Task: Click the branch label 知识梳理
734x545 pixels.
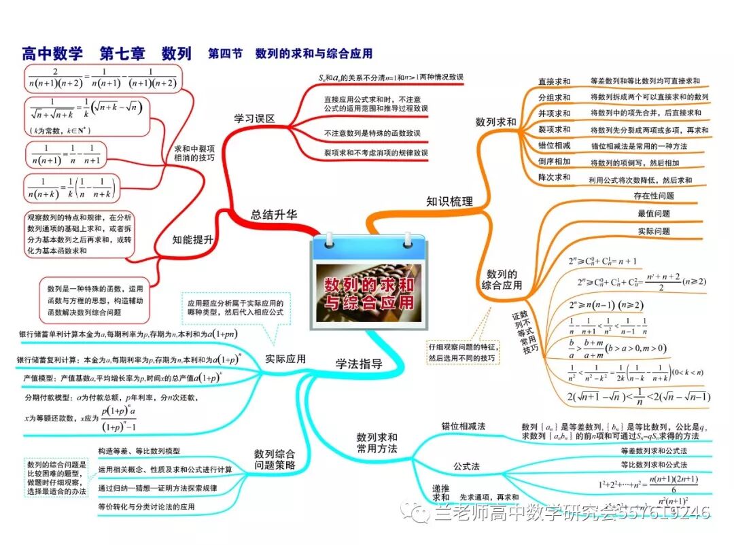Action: [449, 201]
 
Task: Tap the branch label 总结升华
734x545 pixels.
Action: [274, 215]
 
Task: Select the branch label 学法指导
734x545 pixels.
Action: [359, 364]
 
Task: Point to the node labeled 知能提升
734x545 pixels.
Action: [193, 239]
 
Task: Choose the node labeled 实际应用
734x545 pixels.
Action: [285, 359]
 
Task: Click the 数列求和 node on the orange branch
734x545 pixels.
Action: [495, 122]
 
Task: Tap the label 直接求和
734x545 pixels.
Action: [554, 82]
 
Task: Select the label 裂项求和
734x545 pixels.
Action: [554, 130]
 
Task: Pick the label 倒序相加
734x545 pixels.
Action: [554, 162]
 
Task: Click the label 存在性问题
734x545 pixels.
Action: [654, 196]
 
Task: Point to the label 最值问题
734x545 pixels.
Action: [654, 213]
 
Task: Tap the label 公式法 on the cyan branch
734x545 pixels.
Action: [467, 466]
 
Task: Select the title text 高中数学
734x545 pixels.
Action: [52, 53]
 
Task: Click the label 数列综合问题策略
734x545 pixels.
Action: [275, 459]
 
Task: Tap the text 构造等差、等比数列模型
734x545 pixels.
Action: [139, 451]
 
